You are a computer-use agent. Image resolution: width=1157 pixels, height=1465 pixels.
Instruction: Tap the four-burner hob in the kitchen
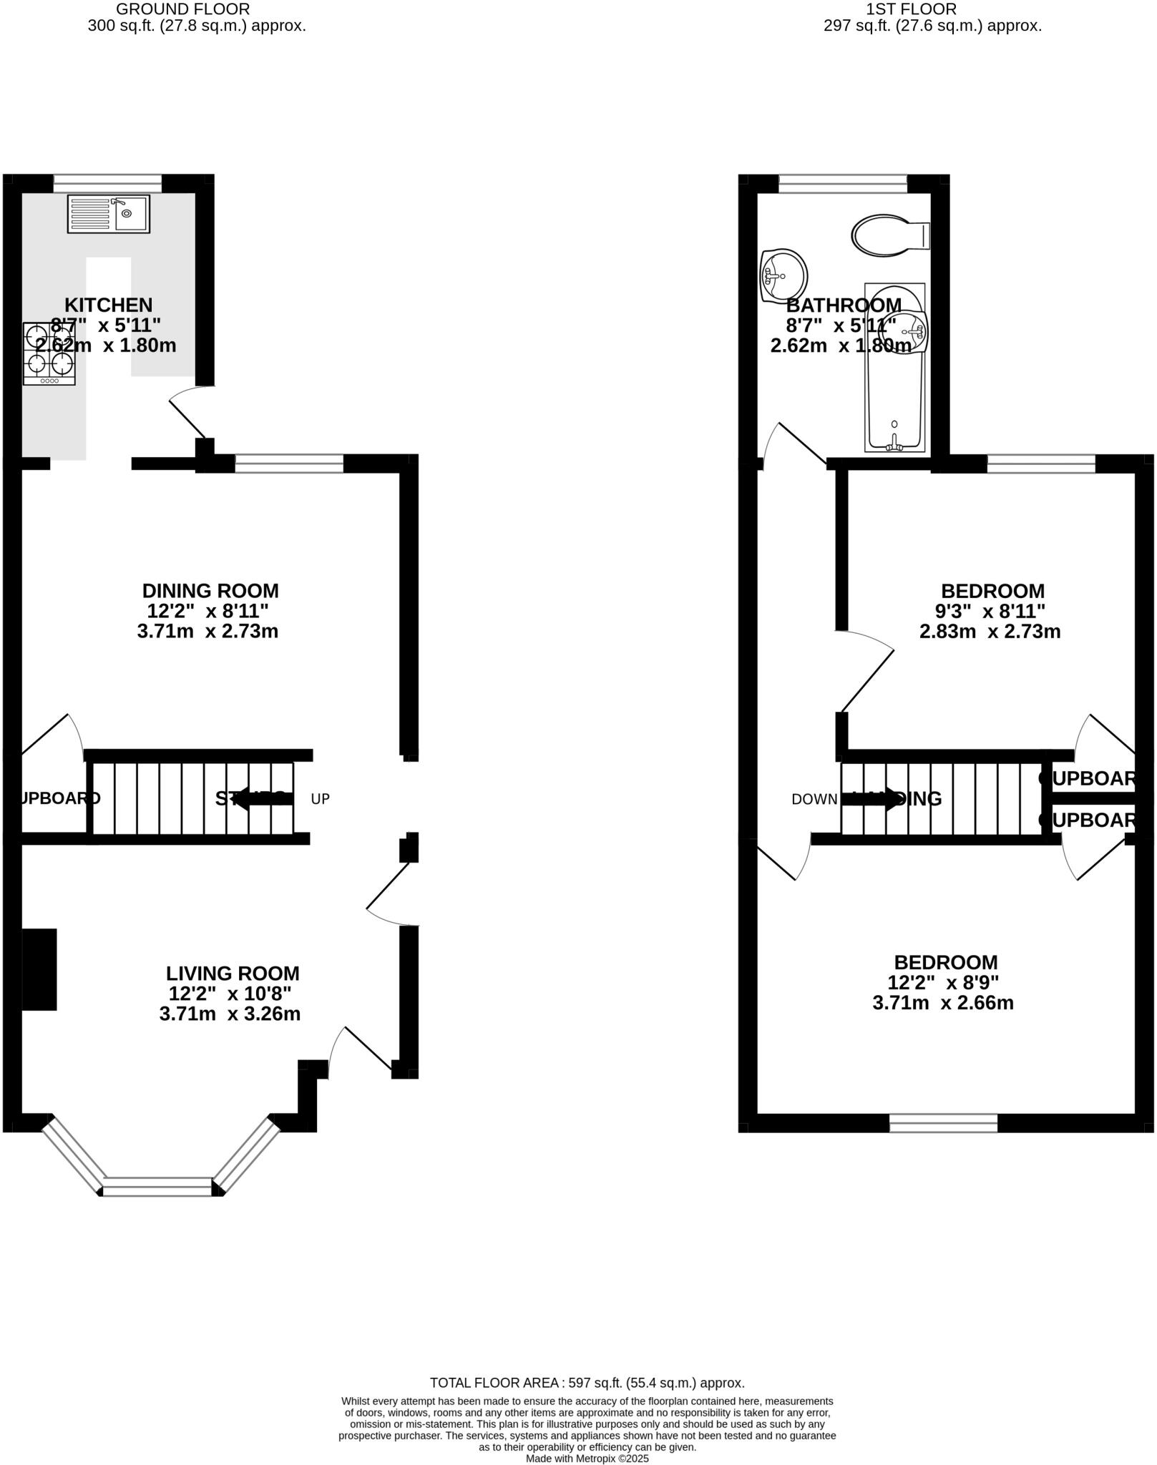49,353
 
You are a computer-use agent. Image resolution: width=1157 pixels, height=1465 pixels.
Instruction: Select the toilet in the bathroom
889,235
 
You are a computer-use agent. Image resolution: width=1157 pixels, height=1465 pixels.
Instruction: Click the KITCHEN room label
109,305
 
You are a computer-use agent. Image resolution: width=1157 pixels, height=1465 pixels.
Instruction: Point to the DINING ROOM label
210,591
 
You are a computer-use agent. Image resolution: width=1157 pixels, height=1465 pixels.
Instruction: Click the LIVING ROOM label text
233,973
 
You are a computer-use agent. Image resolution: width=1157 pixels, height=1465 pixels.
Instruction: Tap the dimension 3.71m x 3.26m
230,1013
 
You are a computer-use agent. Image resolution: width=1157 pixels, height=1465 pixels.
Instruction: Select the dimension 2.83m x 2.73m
990,631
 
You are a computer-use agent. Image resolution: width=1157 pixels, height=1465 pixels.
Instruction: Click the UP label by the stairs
321,799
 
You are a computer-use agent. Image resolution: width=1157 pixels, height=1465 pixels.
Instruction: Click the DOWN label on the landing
814,799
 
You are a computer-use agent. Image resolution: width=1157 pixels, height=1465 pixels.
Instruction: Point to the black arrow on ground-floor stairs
262,798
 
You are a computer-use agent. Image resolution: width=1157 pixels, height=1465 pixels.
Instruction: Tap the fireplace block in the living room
39,969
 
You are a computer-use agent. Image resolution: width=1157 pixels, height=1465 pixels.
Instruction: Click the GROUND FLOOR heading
182,9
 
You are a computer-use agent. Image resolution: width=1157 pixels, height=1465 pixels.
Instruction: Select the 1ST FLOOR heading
911,9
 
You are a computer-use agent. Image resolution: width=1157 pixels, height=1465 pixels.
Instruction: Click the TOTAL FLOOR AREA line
587,1383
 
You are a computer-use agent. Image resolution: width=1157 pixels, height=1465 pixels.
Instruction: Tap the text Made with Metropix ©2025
587,1458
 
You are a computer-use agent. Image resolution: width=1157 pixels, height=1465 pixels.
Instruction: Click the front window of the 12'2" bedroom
943,1123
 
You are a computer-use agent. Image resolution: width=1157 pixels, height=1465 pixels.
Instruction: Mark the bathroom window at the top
843,184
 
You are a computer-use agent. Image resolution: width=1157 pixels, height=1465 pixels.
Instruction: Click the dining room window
289,463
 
